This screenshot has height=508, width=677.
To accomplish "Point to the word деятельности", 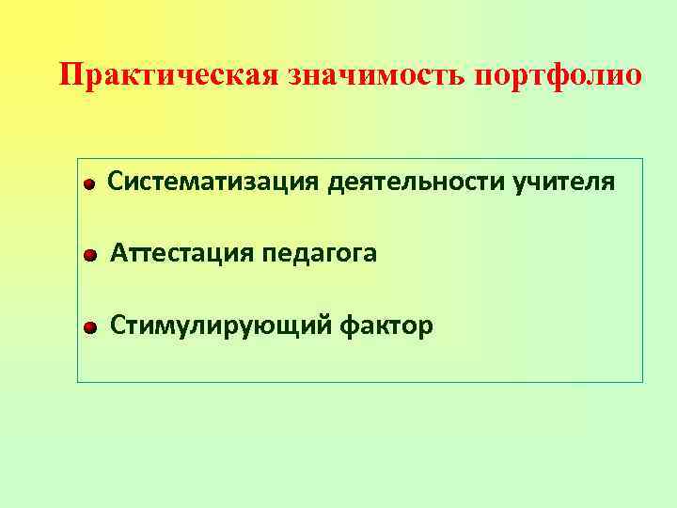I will [x=417, y=181].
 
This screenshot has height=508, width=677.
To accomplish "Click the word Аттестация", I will [x=180, y=253].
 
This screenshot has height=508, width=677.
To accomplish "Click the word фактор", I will [x=387, y=326].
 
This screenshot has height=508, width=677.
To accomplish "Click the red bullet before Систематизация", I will [x=87, y=184].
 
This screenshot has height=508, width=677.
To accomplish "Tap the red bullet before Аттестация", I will [x=89, y=256].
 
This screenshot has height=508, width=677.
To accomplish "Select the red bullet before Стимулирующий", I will [x=89, y=328].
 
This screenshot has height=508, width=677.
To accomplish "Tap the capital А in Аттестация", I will [x=119, y=253].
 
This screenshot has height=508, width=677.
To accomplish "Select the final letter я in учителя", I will [x=610, y=181].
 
